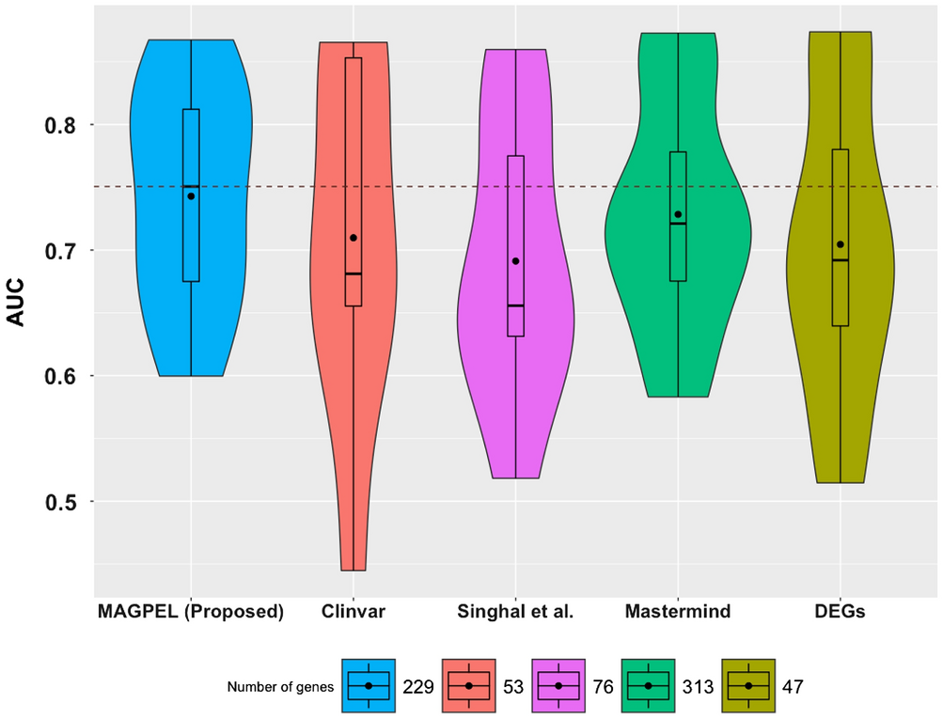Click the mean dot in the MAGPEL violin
tap(191, 196)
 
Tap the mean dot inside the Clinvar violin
tap(354, 238)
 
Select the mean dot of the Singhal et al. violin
tap(515, 260)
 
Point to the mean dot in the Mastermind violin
tap(678, 214)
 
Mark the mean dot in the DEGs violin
tap(841, 244)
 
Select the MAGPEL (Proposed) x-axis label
tap(191, 612)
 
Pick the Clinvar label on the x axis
tap(354, 612)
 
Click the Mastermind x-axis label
tap(678, 612)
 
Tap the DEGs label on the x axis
tap(841, 612)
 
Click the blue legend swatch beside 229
tap(369, 686)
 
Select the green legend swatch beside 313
tap(648, 686)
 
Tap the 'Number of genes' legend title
tap(280, 687)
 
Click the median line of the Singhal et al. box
tap(515, 305)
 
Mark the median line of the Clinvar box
tap(354, 274)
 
